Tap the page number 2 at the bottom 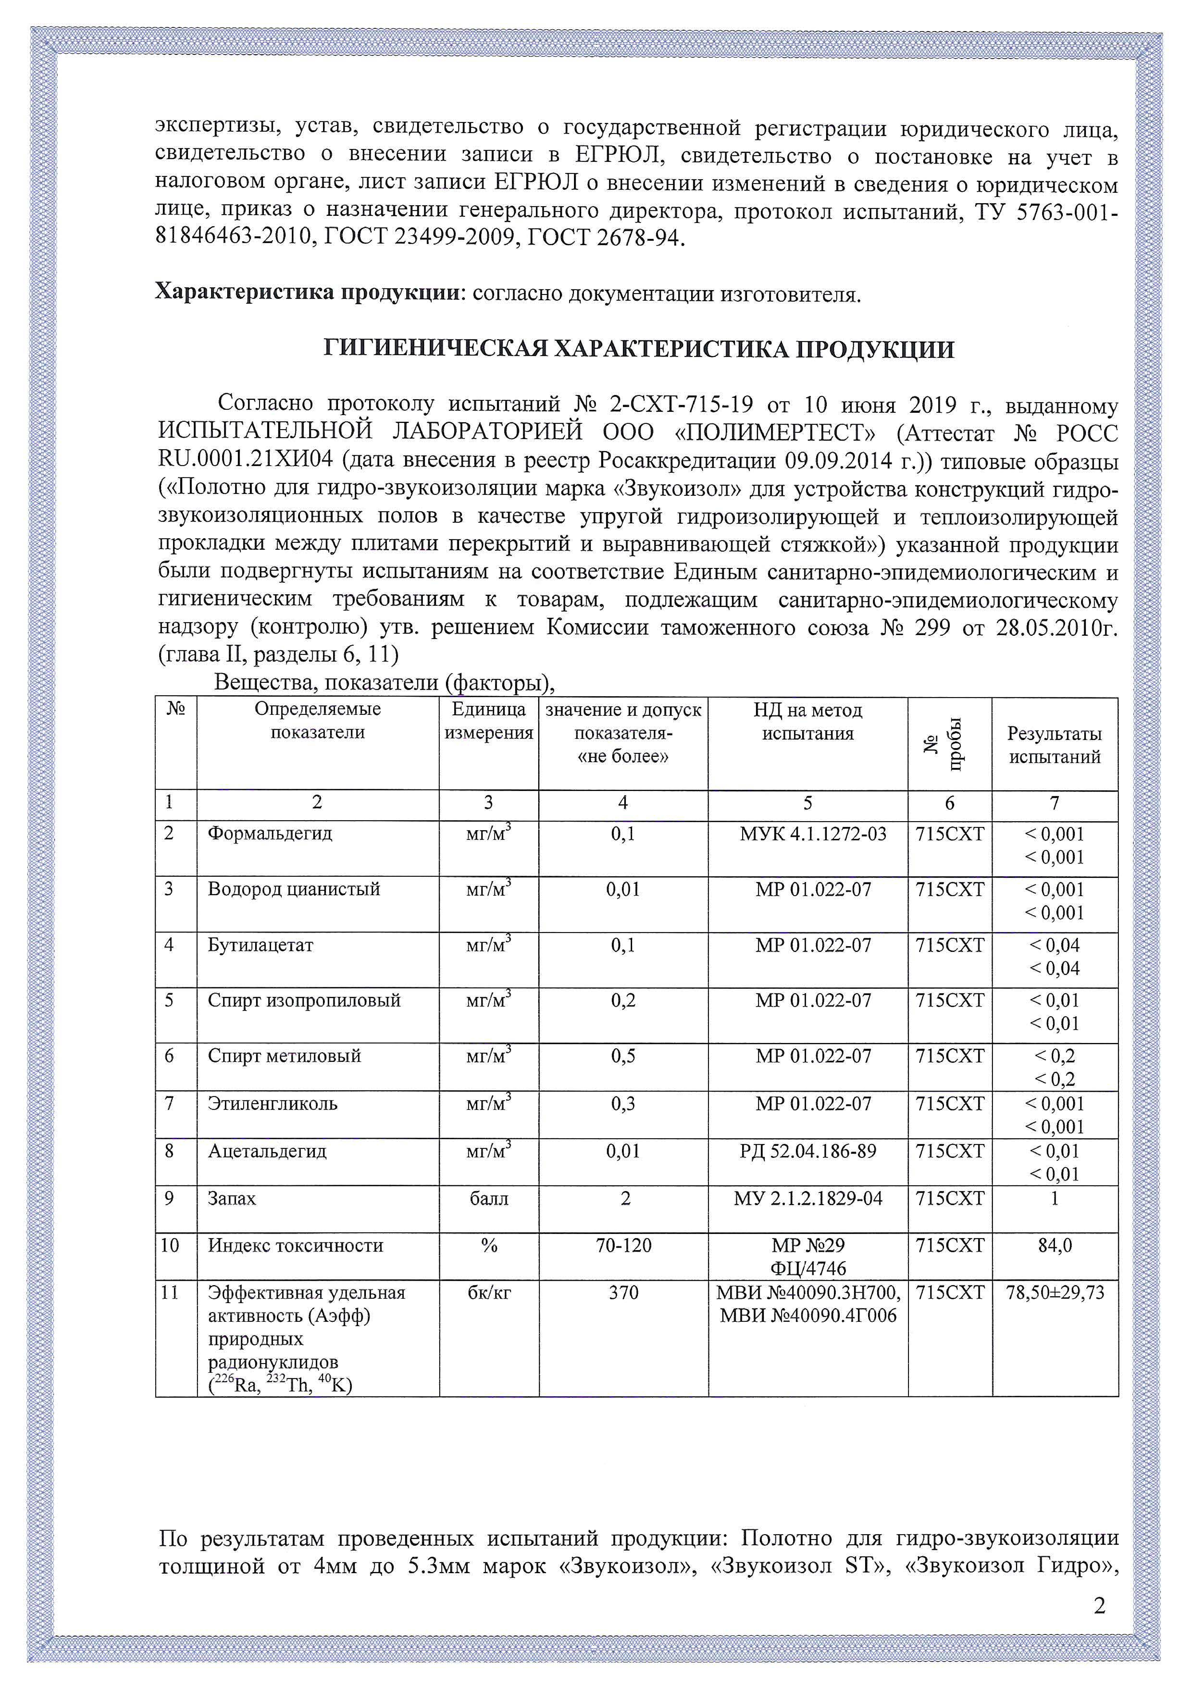(1099, 1606)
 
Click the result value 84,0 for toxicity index (1055, 1245)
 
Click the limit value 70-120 (623, 1245)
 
